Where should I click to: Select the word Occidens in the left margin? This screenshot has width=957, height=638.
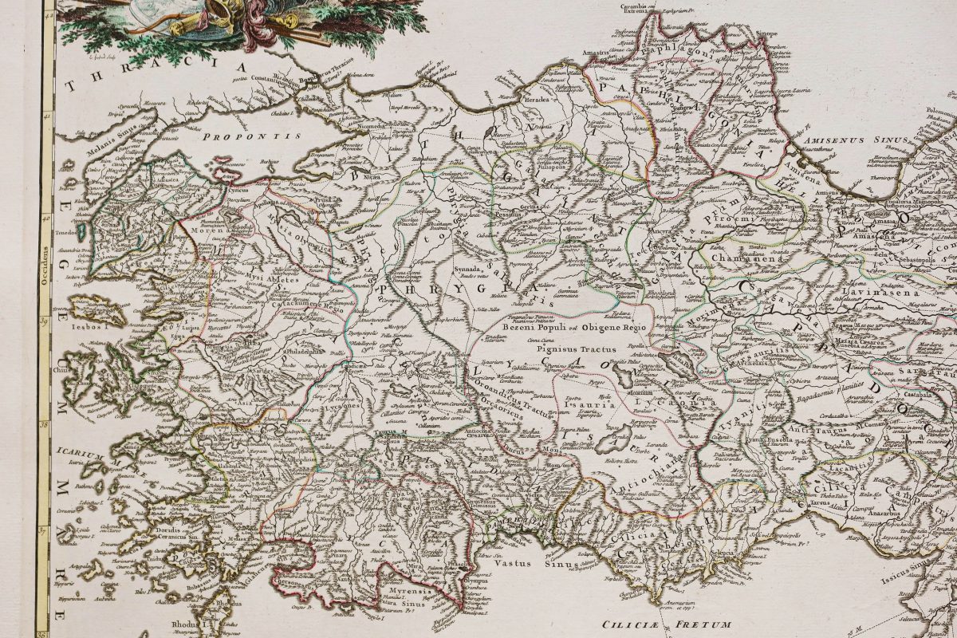point(46,259)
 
